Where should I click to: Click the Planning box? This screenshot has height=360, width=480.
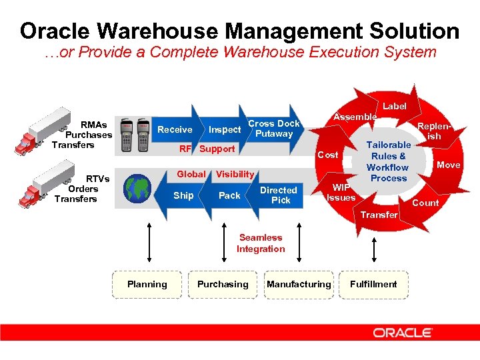(147, 284)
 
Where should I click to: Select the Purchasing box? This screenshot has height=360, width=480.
(223, 284)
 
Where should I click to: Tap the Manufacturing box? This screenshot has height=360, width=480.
(298, 284)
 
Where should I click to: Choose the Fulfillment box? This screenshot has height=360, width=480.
(373, 284)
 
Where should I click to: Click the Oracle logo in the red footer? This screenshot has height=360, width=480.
(403, 332)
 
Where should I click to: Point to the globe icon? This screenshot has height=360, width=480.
(139, 188)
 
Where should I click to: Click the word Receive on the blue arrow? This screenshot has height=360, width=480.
(175, 129)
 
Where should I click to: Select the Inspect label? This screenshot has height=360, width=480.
(225, 129)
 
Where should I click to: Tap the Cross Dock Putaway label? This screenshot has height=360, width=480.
(274, 129)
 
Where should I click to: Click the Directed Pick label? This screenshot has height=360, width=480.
(279, 195)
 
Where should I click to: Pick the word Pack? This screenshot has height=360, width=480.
(229, 195)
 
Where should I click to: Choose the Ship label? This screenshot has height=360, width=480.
(183, 195)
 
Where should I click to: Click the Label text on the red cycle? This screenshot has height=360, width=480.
(394, 106)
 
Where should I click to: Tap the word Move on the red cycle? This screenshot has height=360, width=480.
(448, 165)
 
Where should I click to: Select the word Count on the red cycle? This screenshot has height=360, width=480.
(425, 203)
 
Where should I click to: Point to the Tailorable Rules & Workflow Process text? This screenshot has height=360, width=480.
(388, 161)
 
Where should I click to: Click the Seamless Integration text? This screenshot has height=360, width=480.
(261, 243)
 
